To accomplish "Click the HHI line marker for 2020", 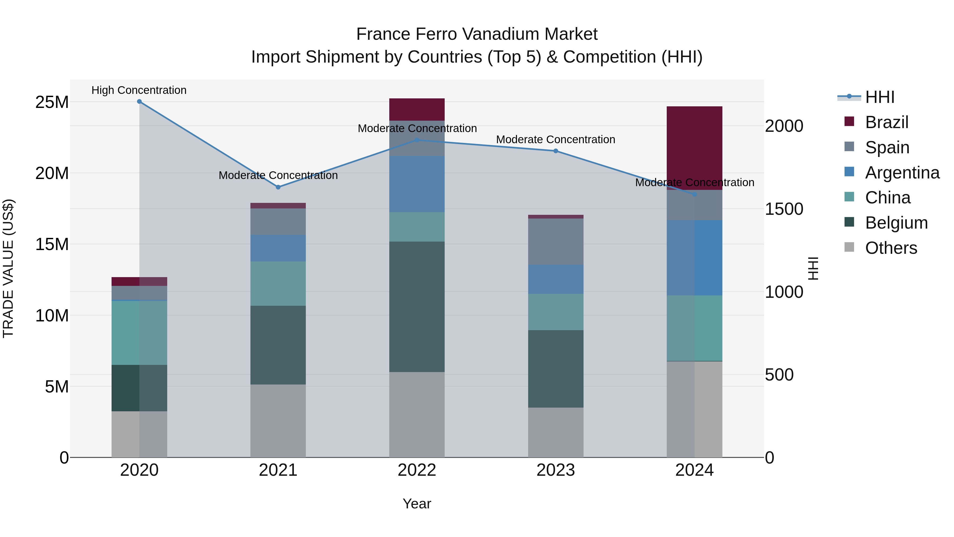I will click(x=139, y=102).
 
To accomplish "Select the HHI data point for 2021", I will click(x=278, y=187).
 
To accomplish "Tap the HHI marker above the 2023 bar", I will click(x=555, y=151).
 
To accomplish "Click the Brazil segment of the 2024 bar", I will click(x=694, y=148).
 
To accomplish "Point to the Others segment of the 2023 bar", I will click(x=555, y=432).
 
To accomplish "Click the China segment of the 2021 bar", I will click(x=278, y=283).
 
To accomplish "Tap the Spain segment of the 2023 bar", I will click(x=555, y=241).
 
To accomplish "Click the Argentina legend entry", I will click(x=902, y=173).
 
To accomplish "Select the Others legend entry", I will click(x=891, y=248).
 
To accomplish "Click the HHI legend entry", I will click(x=880, y=97).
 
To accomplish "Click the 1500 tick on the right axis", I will click(x=784, y=209).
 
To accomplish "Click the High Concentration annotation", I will click(x=139, y=90).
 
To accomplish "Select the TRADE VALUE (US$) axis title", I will click(x=8, y=268).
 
